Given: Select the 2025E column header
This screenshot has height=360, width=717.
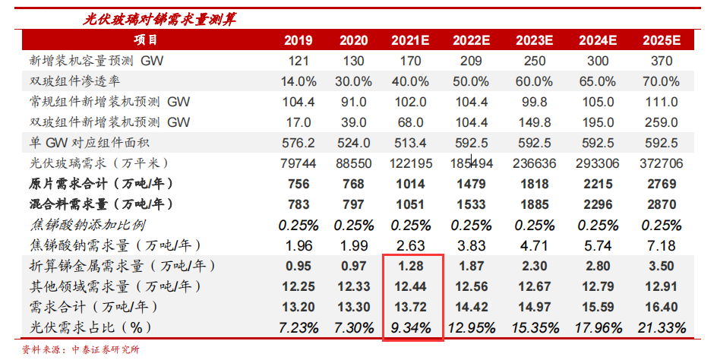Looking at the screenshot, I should (661, 41).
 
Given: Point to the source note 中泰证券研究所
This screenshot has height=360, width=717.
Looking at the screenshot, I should (106, 350).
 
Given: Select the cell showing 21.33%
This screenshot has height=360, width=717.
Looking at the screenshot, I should (661, 328).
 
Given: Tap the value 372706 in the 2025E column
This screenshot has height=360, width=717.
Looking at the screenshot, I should (661, 163).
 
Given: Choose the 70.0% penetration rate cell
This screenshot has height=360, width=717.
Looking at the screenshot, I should (661, 81).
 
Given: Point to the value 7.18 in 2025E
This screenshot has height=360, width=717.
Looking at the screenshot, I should (661, 245).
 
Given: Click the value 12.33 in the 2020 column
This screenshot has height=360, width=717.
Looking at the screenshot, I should (354, 287).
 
